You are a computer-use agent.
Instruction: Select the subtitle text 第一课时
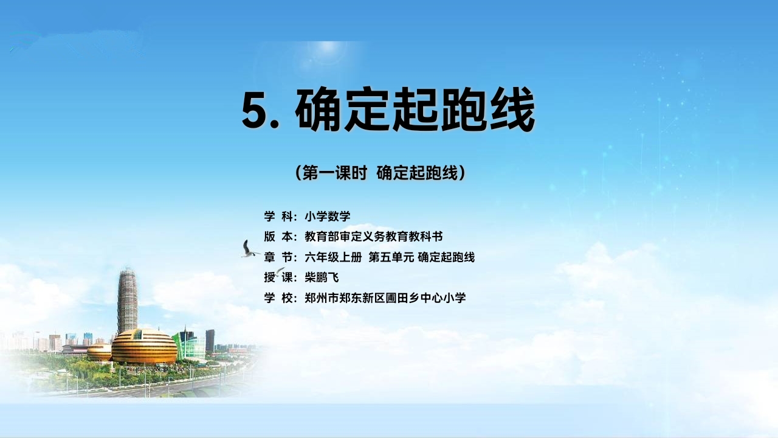point(334,173)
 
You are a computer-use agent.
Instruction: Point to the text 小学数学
point(328,216)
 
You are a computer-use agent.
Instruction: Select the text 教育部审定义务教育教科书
point(374,237)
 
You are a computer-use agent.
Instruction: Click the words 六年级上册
point(333,257)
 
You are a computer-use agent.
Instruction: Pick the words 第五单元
point(391,257)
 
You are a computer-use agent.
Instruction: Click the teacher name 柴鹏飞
point(322,277)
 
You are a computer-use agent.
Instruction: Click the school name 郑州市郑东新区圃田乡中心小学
point(385,298)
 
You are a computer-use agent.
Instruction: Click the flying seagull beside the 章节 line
point(249,249)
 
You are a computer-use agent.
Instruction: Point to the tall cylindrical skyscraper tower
point(128,301)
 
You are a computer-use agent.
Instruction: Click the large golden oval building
point(144,346)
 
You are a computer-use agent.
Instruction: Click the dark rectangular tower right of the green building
point(210,341)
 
